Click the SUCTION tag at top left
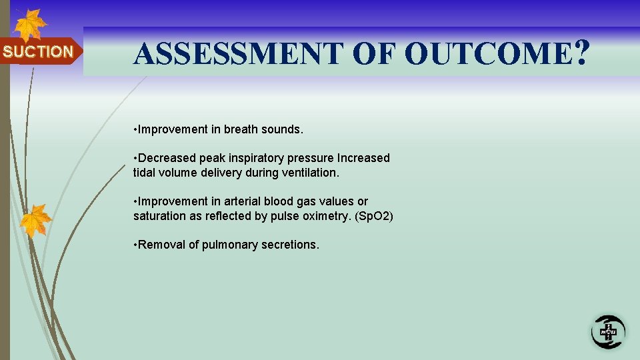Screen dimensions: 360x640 pyautogui.click(x=38, y=51)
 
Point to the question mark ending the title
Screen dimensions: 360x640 pyautogui.click(x=581, y=54)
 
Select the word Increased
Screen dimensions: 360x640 pyautogui.click(x=363, y=158)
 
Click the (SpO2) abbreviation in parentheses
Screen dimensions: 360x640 pyautogui.click(x=375, y=216)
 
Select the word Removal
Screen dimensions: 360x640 pyautogui.click(x=162, y=245)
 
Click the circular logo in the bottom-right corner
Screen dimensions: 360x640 pyautogui.click(x=607, y=331)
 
